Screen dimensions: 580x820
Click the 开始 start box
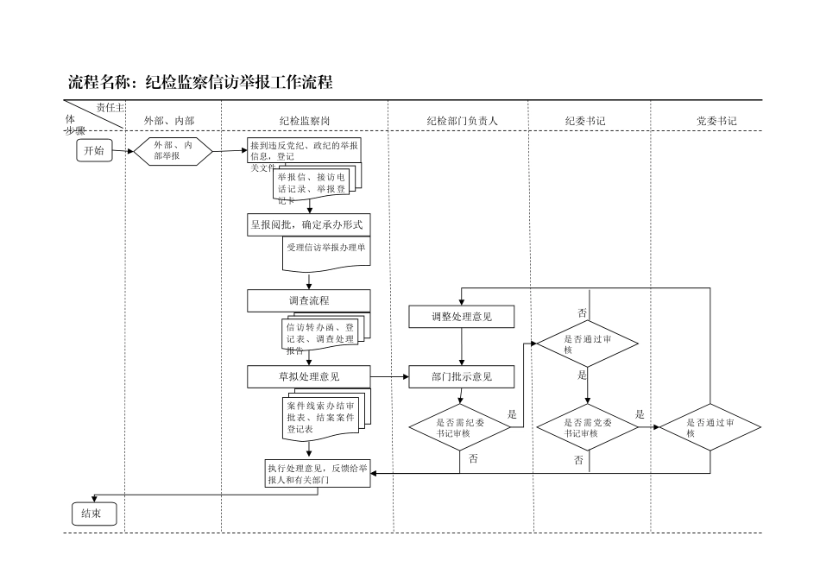click(93, 151)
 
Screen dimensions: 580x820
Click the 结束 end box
click(93, 514)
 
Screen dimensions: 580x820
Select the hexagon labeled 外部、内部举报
click(173, 151)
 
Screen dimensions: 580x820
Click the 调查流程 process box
click(308, 300)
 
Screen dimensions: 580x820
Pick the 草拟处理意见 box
click(308, 376)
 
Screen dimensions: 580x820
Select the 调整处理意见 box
click(462, 317)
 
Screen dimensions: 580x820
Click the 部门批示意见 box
click(462, 376)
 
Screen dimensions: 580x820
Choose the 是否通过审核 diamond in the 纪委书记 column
click(587, 344)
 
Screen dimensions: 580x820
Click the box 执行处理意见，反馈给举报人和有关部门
click(318, 474)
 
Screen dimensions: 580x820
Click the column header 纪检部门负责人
click(462, 121)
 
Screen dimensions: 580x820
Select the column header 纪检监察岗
click(304, 121)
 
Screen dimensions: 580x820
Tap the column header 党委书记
click(716, 121)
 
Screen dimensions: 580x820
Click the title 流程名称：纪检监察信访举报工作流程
click(200, 83)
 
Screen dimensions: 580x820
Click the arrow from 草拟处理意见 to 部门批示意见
click(389, 376)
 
